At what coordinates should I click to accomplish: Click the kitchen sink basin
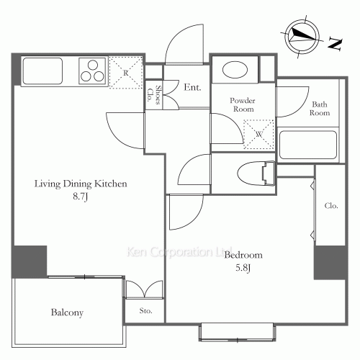coord(42,71)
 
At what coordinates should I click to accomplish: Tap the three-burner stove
coord(92,71)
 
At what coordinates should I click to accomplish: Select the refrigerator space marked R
coord(126,73)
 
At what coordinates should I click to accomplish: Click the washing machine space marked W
coord(258,134)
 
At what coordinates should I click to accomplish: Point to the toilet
coord(256,174)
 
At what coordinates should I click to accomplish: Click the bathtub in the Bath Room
coord(308,145)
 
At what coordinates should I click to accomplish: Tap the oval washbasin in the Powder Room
coord(235,70)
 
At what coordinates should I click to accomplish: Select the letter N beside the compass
coord(335,44)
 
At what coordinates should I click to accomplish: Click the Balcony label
coord(67,312)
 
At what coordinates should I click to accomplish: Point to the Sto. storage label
coord(145,311)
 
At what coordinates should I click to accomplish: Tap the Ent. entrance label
coord(192,87)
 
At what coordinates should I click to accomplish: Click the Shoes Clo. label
coord(154,95)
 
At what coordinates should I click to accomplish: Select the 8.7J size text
coord(81,197)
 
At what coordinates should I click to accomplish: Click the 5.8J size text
coord(243,268)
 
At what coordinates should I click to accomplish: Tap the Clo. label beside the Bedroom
coord(331,206)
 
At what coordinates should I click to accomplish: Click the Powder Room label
coord(243,104)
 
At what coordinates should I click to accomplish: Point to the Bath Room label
coord(320,109)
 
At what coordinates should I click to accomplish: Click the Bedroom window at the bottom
coord(237,332)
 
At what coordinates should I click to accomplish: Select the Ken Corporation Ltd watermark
coord(179,252)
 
